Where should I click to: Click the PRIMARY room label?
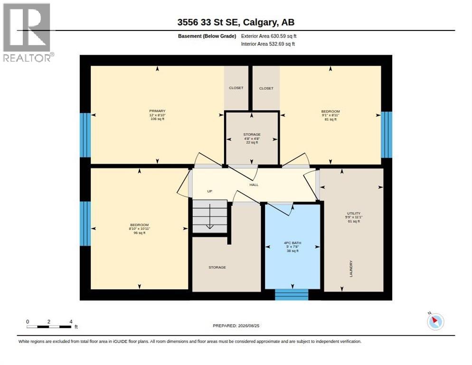(157, 111)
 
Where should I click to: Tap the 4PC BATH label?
(293, 243)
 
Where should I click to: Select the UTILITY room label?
(354, 213)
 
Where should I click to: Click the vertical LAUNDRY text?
(351, 269)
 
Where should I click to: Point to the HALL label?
(254, 185)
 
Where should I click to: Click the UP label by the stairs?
(209, 191)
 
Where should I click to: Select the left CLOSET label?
(236, 88)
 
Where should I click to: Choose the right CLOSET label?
(266, 88)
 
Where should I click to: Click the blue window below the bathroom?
(292, 295)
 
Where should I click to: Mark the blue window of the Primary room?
(85, 135)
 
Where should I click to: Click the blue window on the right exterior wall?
(387, 134)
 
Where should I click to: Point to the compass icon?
(435, 321)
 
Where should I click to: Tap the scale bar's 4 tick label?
(71, 322)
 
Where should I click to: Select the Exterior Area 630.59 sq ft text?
(268, 36)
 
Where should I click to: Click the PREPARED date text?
(236, 326)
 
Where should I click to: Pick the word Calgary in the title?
(259, 22)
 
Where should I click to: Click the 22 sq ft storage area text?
(252, 142)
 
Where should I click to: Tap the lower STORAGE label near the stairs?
(217, 268)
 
